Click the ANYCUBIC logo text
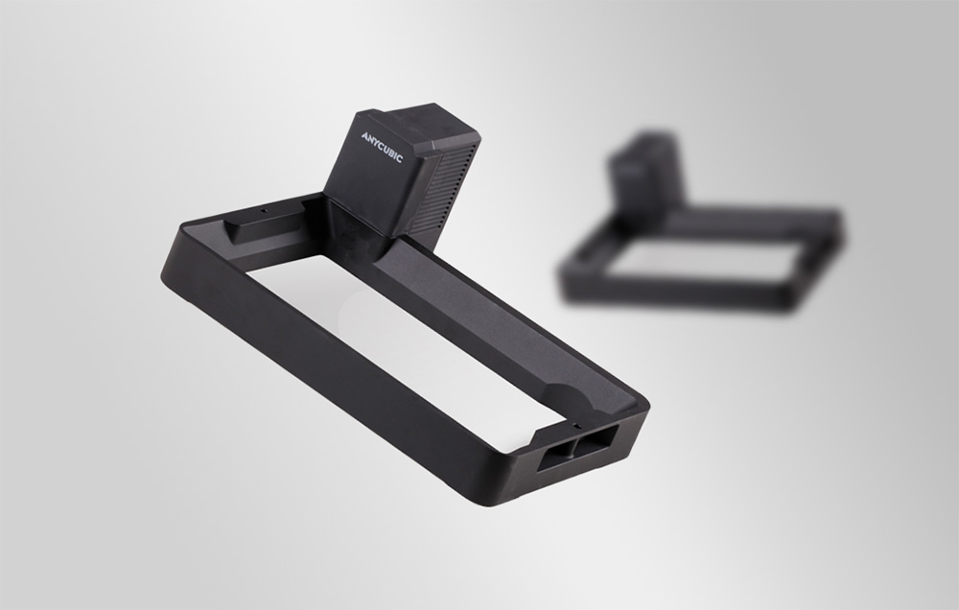[x=382, y=148]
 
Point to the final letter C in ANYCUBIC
[x=399, y=159]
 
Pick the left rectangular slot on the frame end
[x=554, y=457]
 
